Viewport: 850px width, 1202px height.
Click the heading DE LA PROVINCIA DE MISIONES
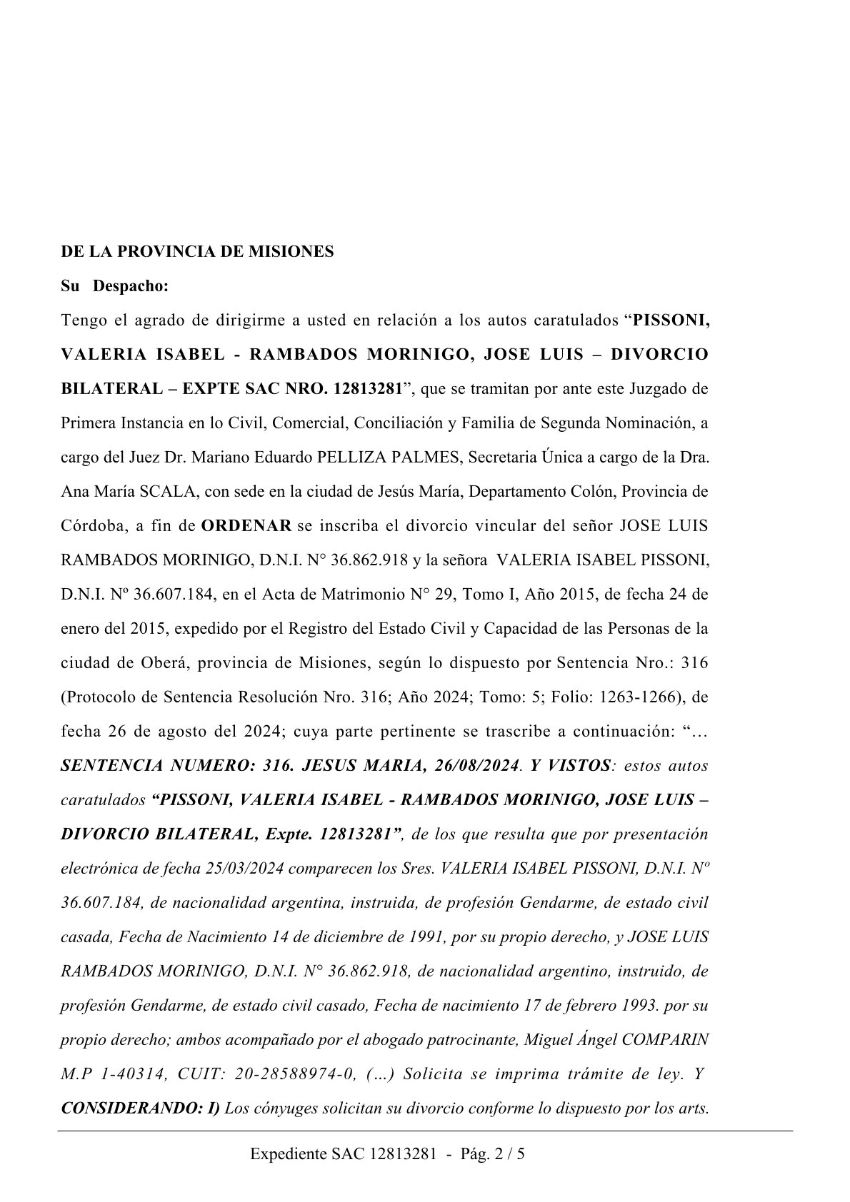(x=197, y=252)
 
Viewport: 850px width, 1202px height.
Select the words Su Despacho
(x=114, y=286)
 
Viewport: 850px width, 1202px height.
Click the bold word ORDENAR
(x=246, y=526)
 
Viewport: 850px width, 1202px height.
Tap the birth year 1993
(x=639, y=1006)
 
